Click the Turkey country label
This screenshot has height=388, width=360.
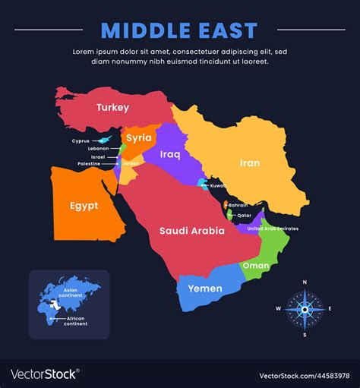pyautogui.click(x=112, y=108)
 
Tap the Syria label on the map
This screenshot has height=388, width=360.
pyautogui.click(x=138, y=137)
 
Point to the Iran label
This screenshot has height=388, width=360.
pyautogui.click(x=250, y=162)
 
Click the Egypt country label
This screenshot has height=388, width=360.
pyautogui.click(x=84, y=206)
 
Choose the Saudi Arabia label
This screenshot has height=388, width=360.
pyautogui.click(x=191, y=230)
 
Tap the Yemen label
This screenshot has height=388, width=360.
pyautogui.click(x=204, y=289)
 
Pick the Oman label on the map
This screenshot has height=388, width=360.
pyautogui.click(x=255, y=266)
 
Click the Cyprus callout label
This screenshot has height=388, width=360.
pyautogui.click(x=81, y=141)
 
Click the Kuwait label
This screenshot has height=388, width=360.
pyautogui.click(x=219, y=185)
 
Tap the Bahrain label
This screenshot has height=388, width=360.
pyautogui.click(x=238, y=205)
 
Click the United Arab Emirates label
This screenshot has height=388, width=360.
pyautogui.click(x=273, y=229)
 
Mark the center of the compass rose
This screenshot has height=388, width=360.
pyautogui.click(x=305, y=309)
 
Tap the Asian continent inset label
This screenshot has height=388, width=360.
pyautogui.click(x=71, y=292)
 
